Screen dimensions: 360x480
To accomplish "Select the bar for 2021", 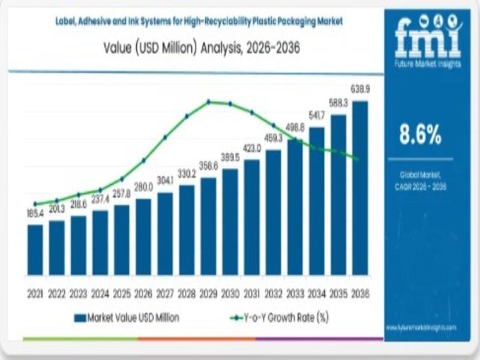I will pos(35,250).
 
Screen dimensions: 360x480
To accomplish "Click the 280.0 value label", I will pos(143,188).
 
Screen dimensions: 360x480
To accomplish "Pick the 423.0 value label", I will pos(252,148).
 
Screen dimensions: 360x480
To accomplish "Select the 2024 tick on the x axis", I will pos(100,294).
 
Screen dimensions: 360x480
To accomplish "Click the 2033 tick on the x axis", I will pos(295,294).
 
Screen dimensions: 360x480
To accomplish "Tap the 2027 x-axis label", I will pos(165,294).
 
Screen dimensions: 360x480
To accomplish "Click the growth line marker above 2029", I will pos(209,101).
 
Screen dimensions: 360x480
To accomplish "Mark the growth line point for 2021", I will pos(35,204).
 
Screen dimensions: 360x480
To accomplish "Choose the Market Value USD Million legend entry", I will pos(127,317).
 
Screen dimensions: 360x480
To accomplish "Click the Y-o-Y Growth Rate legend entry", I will pos(281,317).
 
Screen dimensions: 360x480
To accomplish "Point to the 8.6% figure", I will pos(421,136).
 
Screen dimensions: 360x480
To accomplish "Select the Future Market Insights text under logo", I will pos(428,64).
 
